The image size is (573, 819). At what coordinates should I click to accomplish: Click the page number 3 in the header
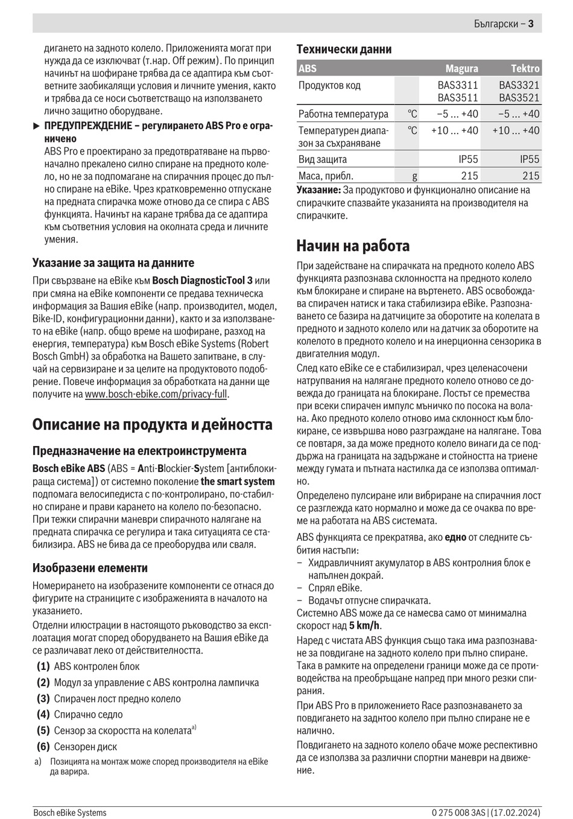click(531, 24)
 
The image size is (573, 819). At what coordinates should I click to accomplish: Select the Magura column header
click(461, 69)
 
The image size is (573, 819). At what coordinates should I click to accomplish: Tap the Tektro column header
click(525, 69)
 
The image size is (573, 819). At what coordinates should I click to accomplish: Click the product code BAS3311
click(458, 85)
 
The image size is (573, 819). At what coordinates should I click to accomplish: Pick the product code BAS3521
click(519, 98)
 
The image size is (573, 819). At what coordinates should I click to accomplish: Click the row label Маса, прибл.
click(326, 176)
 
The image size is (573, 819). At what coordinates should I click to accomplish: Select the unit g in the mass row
click(414, 176)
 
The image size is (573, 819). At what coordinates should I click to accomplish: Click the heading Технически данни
click(344, 49)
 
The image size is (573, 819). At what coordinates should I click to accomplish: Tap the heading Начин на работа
click(353, 246)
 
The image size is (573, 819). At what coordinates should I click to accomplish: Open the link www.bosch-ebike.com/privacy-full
click(156, 394)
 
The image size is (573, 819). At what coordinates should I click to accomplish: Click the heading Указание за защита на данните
click(113, 263)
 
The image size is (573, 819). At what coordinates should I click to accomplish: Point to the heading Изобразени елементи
click(90, 568)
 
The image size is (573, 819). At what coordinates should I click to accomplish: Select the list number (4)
click(43, 715)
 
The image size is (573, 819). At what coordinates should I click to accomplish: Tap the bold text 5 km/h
click(365, 626)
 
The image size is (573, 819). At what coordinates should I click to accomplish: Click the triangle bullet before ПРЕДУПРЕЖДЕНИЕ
click(36, 126)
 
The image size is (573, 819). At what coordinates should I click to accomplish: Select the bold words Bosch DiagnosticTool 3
click(203, 281)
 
